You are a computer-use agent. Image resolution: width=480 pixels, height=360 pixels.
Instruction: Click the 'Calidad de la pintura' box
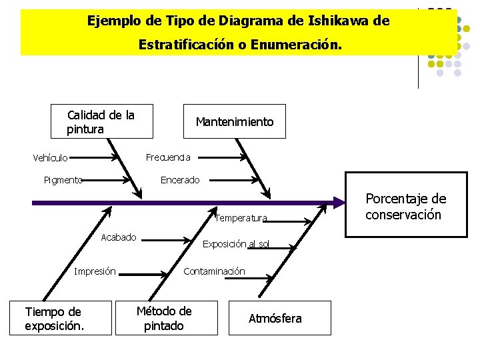click(101, 122)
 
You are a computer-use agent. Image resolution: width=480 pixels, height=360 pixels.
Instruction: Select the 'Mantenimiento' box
click(234, 122)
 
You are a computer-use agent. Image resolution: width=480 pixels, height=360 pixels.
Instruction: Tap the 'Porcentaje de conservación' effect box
click(406, 207)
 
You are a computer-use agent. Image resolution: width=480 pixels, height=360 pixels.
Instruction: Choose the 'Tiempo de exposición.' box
click(53, 319)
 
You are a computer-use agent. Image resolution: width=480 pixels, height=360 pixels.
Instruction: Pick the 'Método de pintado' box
click(164, 318)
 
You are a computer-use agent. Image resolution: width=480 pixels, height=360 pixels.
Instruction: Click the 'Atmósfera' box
click(275, 319)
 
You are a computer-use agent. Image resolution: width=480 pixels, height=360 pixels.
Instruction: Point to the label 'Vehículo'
click(50, 158)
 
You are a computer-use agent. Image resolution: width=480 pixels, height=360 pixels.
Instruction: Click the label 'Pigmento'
click(63, 179)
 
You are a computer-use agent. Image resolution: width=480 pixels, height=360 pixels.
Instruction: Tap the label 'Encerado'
click(180, 180)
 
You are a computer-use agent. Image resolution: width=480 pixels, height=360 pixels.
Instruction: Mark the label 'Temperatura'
click(241, 218)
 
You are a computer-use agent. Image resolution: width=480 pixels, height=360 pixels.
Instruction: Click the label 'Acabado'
click(118, 237)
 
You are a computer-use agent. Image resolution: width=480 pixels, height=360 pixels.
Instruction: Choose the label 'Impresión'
click(95, 271)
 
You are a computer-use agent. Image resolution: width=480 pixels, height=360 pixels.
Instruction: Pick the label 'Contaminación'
click(214, 271)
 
